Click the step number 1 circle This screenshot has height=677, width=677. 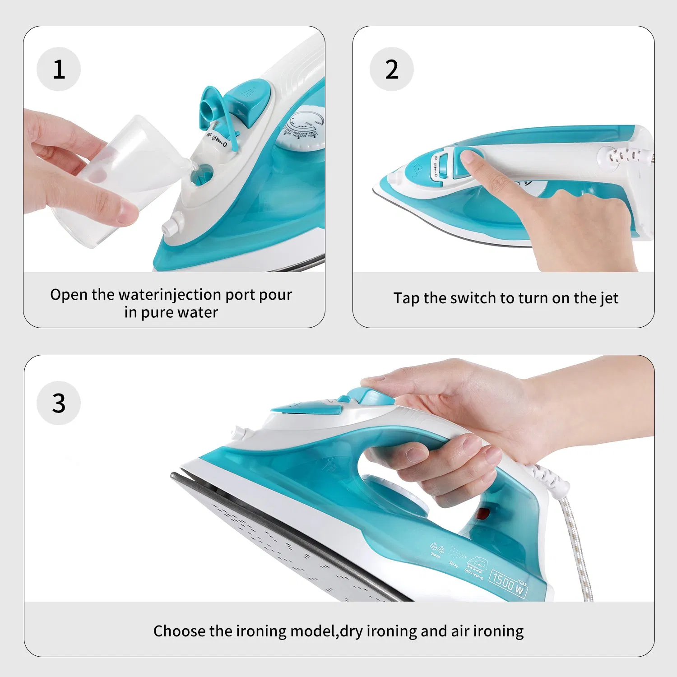pyautogui.click(x=59, y=69)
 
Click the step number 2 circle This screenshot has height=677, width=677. pyautogui.click(x=392, y=69)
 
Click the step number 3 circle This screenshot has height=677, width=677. pyautogui.click(x=59, y=403)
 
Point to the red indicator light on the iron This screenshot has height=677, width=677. pyautogui.click(x=483, y=513)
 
